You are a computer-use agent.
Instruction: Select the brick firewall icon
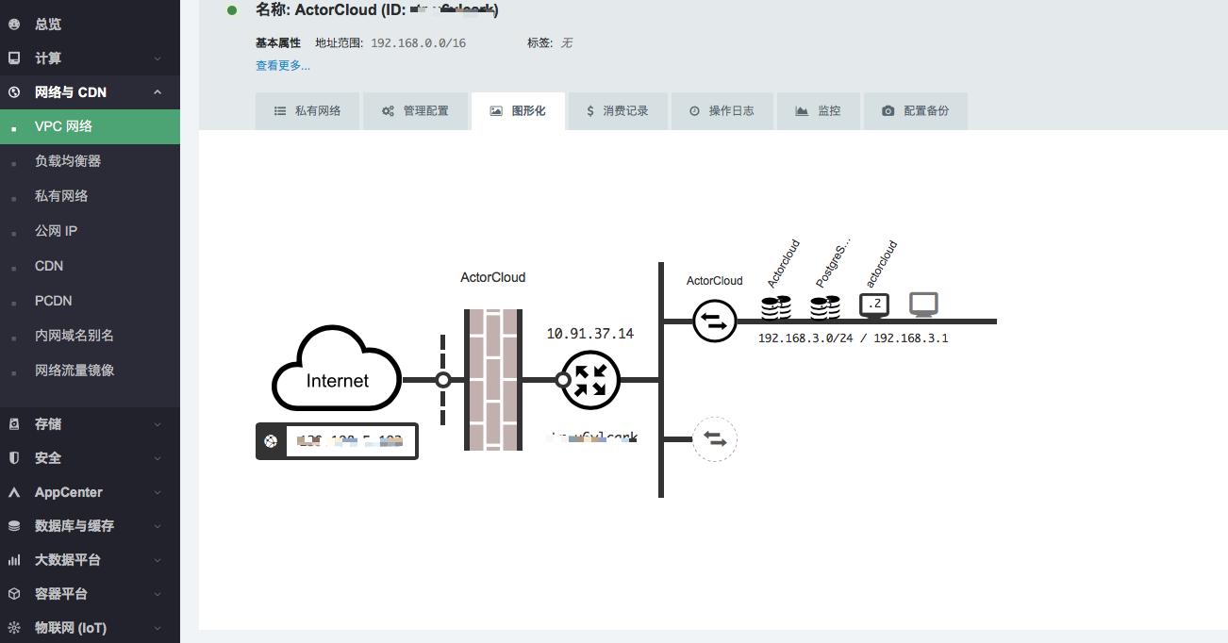[493, 379]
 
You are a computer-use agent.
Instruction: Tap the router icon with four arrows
[590, 380]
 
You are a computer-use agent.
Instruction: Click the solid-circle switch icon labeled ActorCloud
[714, 321]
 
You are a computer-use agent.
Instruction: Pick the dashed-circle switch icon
[714, 439]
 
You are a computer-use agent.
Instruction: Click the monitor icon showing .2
[874, 305]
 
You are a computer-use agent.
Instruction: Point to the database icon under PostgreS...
[825, 306]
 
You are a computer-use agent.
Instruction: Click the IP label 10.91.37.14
[590, 334]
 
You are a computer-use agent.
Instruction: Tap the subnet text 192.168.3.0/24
[805, 338]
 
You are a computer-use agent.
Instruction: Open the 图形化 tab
[518, 110]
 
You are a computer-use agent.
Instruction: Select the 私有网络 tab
[307, 110]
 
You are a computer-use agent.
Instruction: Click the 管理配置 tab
[415, 110]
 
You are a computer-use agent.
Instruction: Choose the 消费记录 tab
[617, 110]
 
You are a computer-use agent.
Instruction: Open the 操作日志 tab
[722, 110]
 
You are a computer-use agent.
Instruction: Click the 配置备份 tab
[915, 110]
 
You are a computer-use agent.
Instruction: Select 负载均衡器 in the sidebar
[68, 161]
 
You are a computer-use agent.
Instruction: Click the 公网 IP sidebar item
[56, 231]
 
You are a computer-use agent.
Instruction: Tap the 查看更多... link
[283, 66]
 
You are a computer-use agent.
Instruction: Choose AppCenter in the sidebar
[69, 492]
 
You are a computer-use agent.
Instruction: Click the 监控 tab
[818, 110]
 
